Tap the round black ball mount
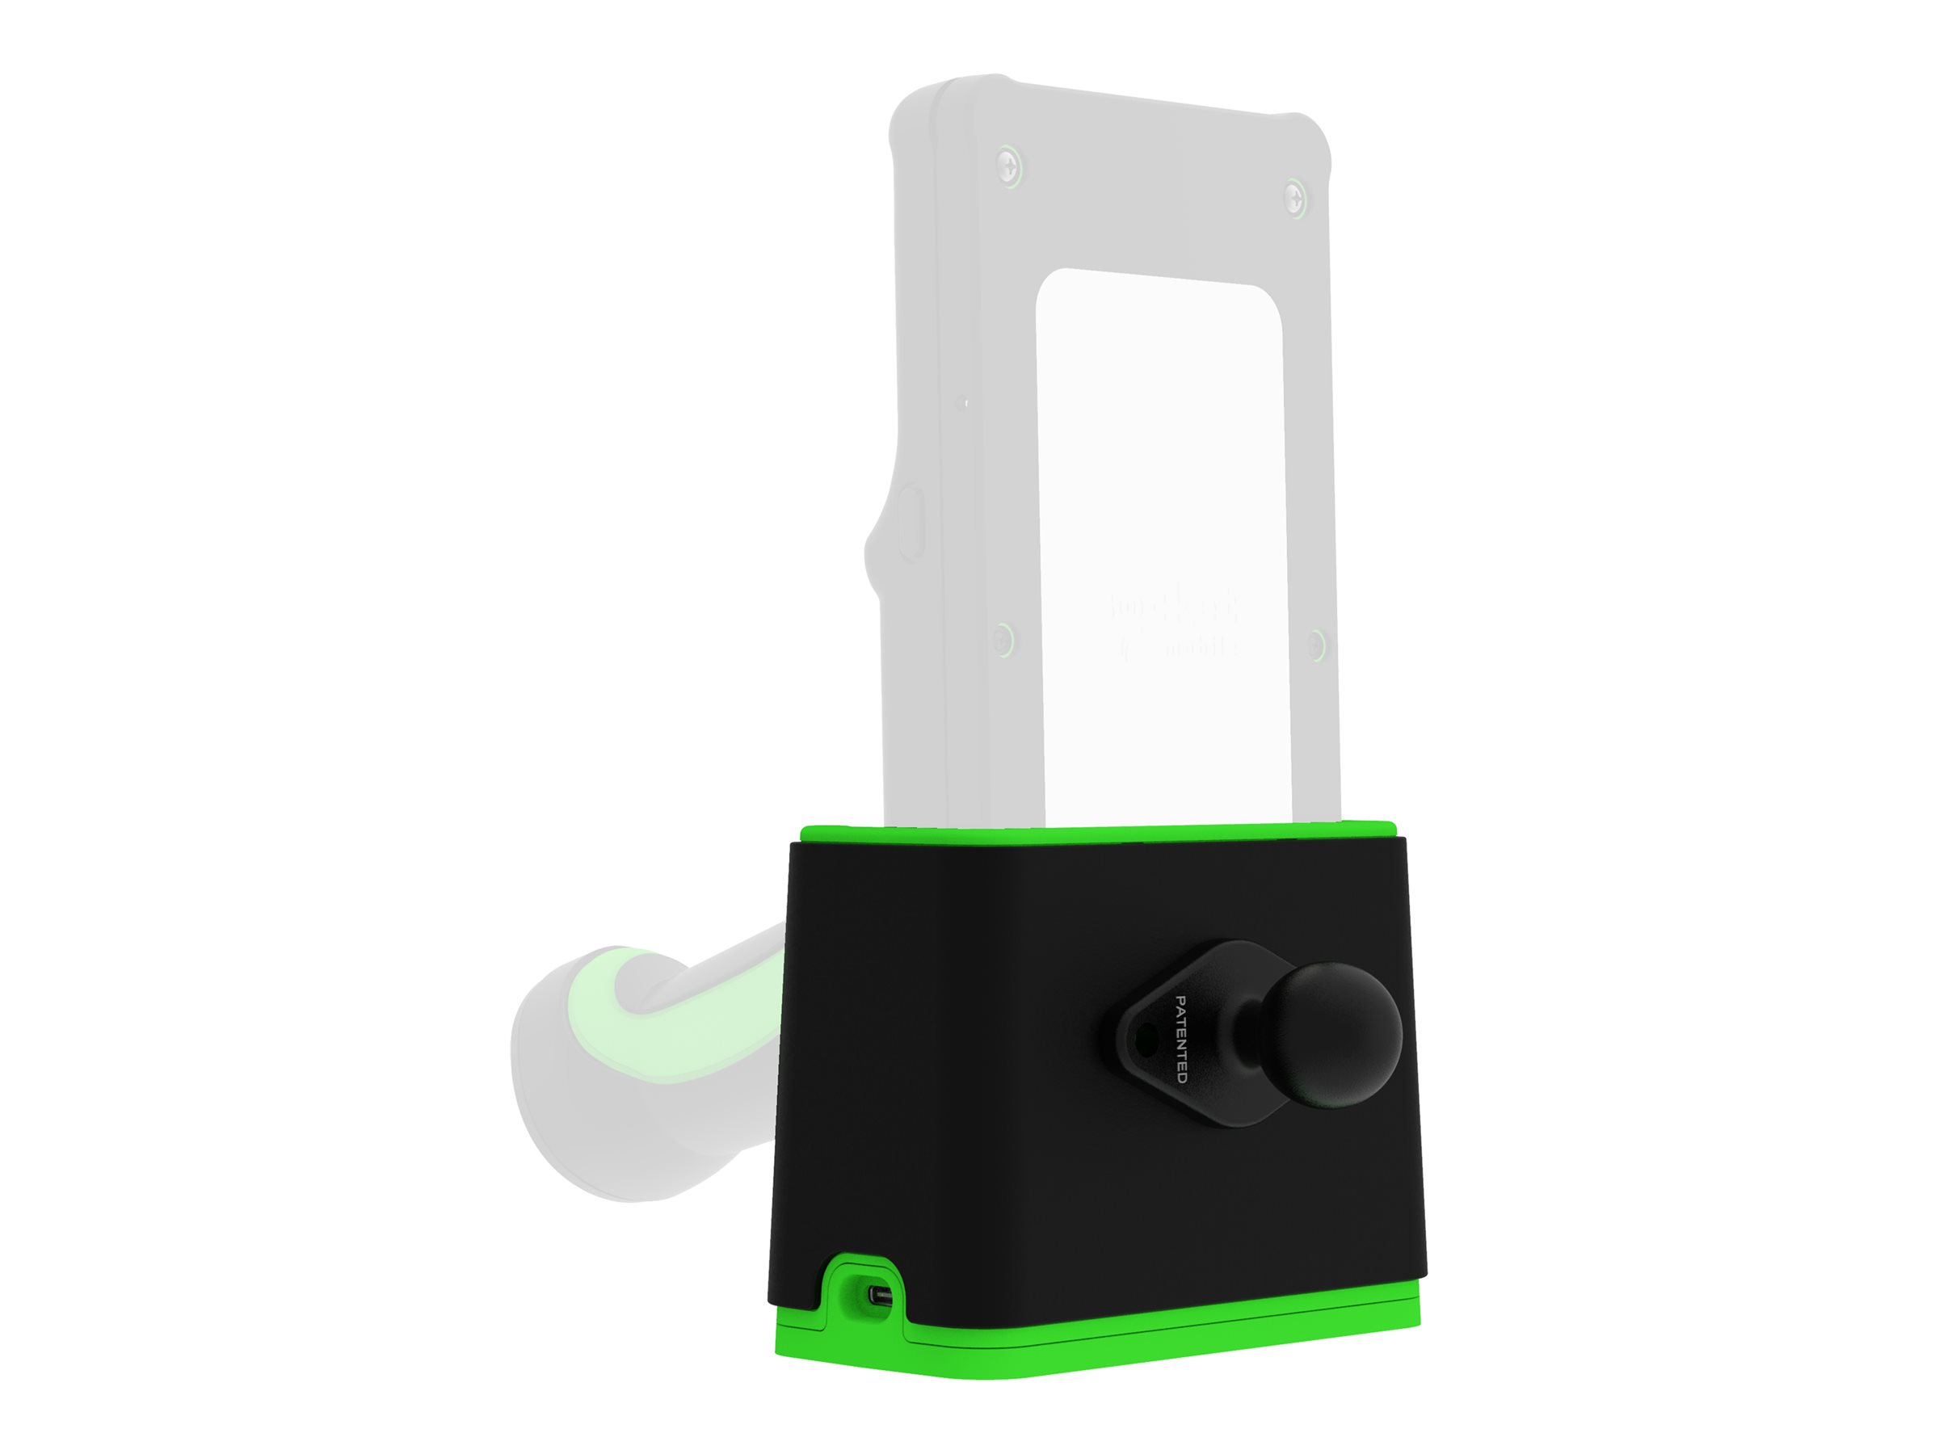(1334, 1034)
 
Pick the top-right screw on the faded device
(1295, 195)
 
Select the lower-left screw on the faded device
(1004, 638)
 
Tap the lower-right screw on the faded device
(1316, 646)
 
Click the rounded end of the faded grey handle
(561, 1078)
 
